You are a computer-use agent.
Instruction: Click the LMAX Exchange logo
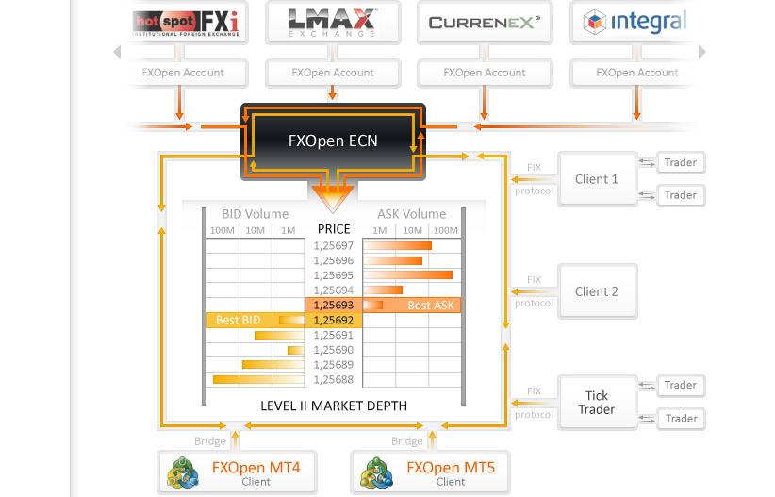333,23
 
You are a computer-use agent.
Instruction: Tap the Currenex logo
485,23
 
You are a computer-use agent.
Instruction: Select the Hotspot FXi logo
186,24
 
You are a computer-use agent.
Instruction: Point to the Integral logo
635,22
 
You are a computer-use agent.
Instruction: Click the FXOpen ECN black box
333,141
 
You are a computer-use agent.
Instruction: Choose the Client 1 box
597,179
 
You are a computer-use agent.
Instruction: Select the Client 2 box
597,291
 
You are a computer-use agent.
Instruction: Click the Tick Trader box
597,403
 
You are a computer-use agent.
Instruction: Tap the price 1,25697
334,246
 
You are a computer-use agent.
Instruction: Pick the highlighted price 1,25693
334,306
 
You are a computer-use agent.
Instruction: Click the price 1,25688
334,380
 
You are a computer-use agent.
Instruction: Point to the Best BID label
239,320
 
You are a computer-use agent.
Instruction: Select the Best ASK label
431,306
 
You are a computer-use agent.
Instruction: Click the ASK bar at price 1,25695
408,275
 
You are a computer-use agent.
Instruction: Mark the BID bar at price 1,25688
258,380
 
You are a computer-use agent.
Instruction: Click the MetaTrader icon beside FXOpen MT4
183,472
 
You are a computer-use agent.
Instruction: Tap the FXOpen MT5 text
451,468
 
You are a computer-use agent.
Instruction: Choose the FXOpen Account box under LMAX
333,73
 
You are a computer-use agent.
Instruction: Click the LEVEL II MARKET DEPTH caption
334,406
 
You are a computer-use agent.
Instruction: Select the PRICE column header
334,229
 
